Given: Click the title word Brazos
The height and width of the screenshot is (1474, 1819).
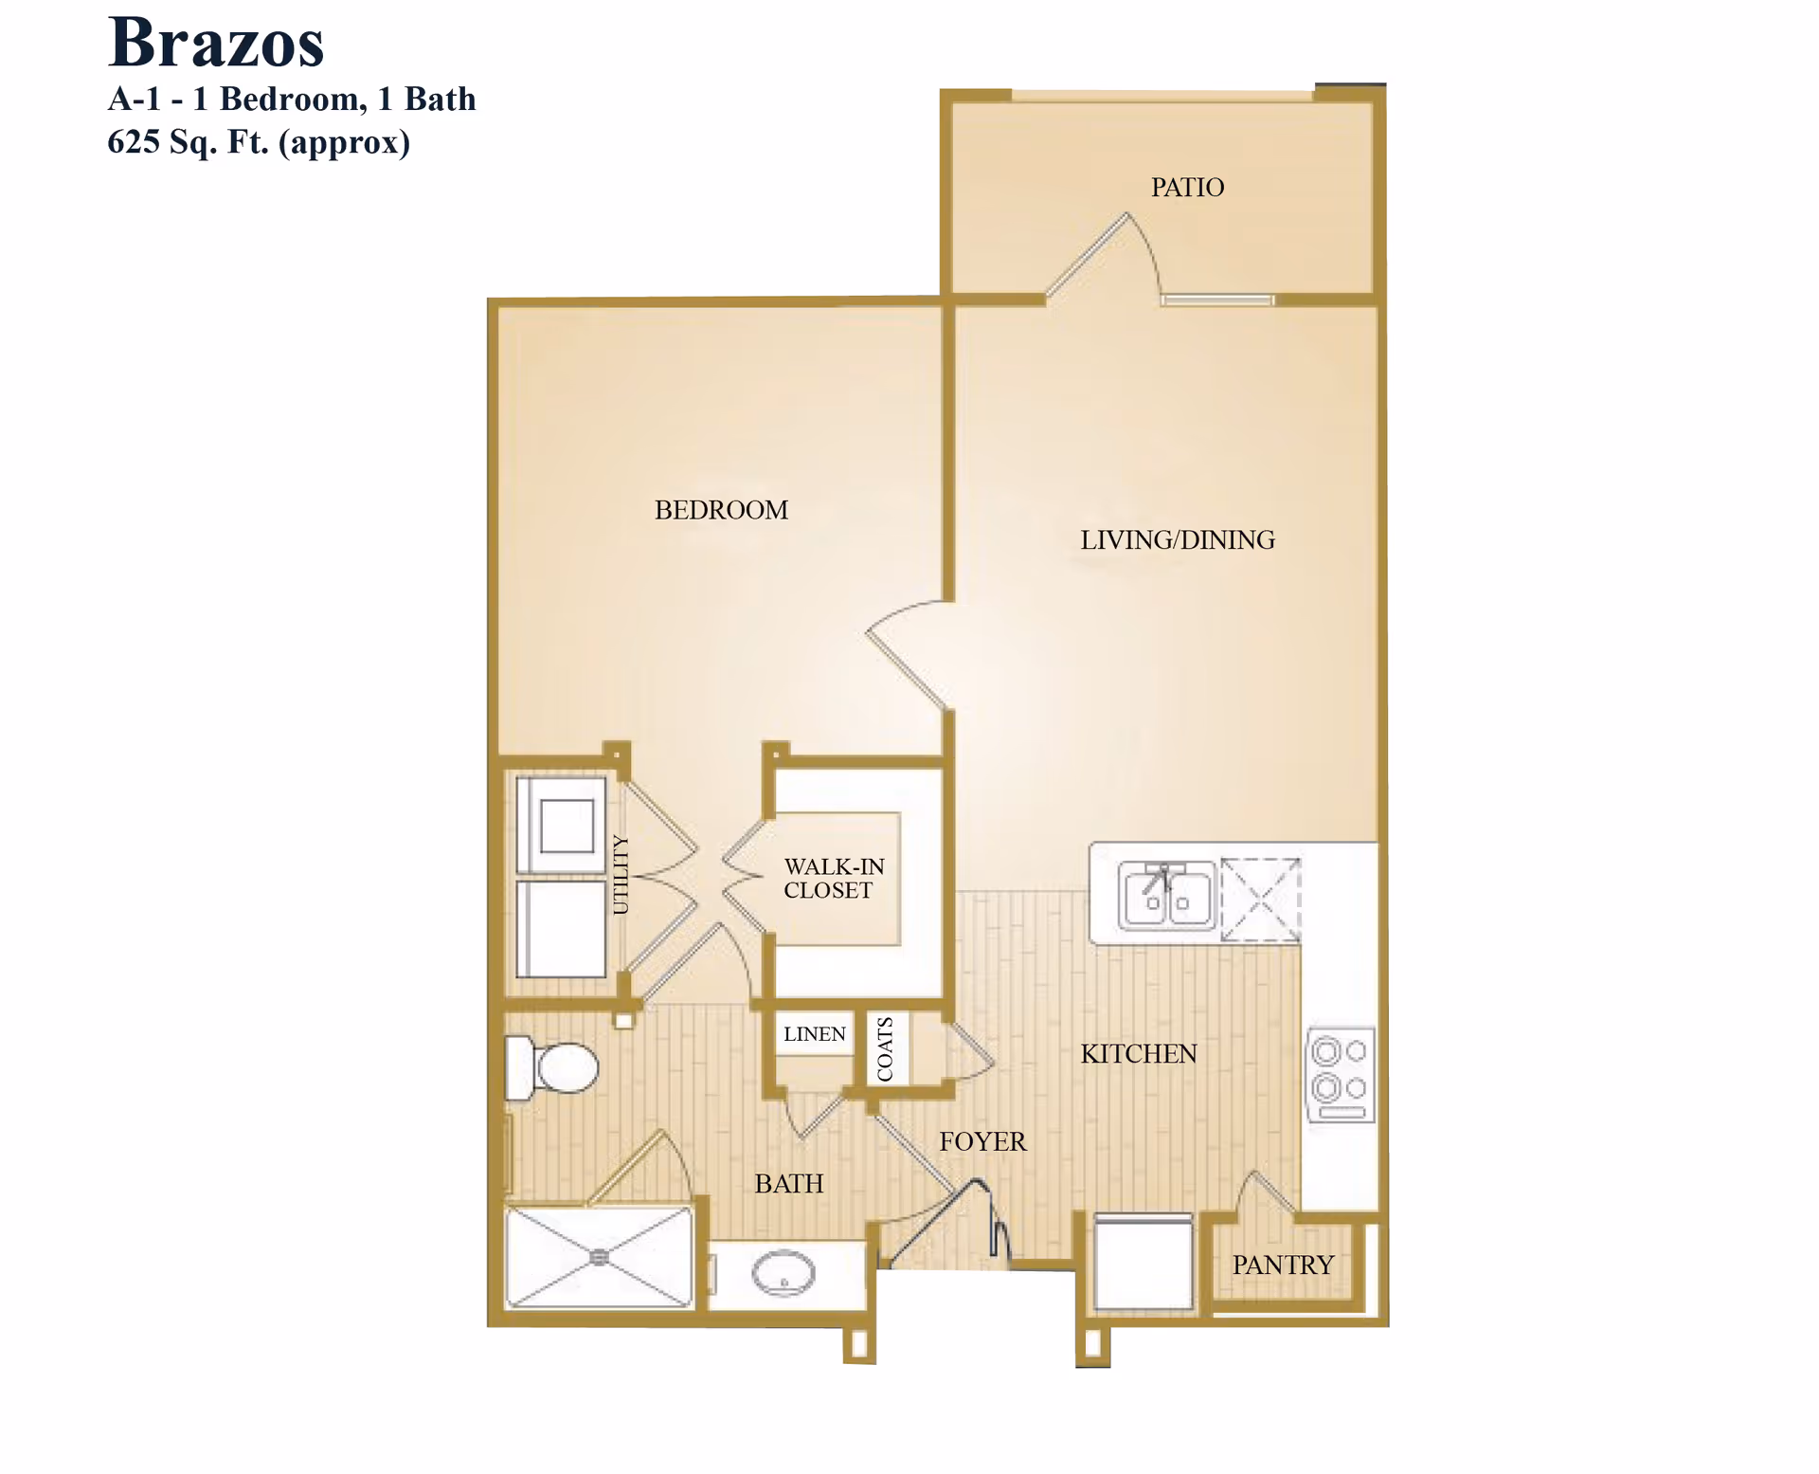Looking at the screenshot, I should coord(216,44).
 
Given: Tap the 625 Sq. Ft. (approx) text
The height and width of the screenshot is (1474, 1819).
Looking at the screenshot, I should coord(258,142).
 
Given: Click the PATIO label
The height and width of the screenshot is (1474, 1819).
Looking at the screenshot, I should coord(1187,188).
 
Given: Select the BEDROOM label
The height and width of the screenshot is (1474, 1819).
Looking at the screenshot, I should coord(721,510).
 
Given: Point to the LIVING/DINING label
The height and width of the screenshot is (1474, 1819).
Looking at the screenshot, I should coord(1178,540).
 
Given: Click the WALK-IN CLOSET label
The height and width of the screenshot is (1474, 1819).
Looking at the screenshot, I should coord(833,879).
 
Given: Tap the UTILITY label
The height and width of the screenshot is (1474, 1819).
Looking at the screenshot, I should coord(621,874).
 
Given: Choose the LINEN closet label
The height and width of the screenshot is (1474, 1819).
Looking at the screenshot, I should coord(814,1034).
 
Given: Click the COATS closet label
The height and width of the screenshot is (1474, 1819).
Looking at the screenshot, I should coord(886,1048).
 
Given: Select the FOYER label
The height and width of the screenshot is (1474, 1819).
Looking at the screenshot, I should coord(982,1141).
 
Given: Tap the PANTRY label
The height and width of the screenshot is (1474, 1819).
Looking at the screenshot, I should coord(1283,1265).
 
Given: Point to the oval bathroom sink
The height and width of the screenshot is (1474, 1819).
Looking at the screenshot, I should coord(783,1273).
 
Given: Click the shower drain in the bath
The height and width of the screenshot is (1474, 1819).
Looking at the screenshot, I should coord(599,1257).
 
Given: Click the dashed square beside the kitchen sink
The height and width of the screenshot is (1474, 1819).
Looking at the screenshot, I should coord(1261,900).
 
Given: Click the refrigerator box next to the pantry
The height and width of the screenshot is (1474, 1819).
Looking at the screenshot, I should coord(1143,1263).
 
